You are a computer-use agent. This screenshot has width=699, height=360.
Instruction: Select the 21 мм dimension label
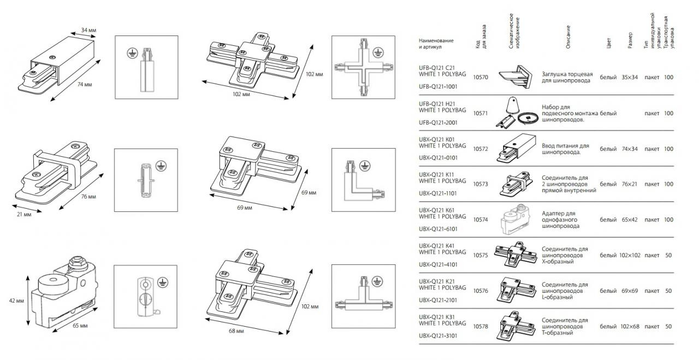click(x=25, y=215)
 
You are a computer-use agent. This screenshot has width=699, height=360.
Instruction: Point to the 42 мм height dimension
click(x=17, y=301)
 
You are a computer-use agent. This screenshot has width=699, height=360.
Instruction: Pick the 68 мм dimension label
click(x=236, y=332)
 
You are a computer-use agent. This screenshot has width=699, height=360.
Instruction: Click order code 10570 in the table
click(x=481, y=78)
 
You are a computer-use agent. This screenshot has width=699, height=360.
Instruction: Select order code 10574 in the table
click(x=481, y=220)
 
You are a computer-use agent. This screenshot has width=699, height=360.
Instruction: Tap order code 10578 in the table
click(x=481, y=326)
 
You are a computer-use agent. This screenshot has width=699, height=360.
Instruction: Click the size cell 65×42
click(x=629, y=220)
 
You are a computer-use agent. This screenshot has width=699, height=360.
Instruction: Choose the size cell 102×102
click(x=629, y=255)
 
